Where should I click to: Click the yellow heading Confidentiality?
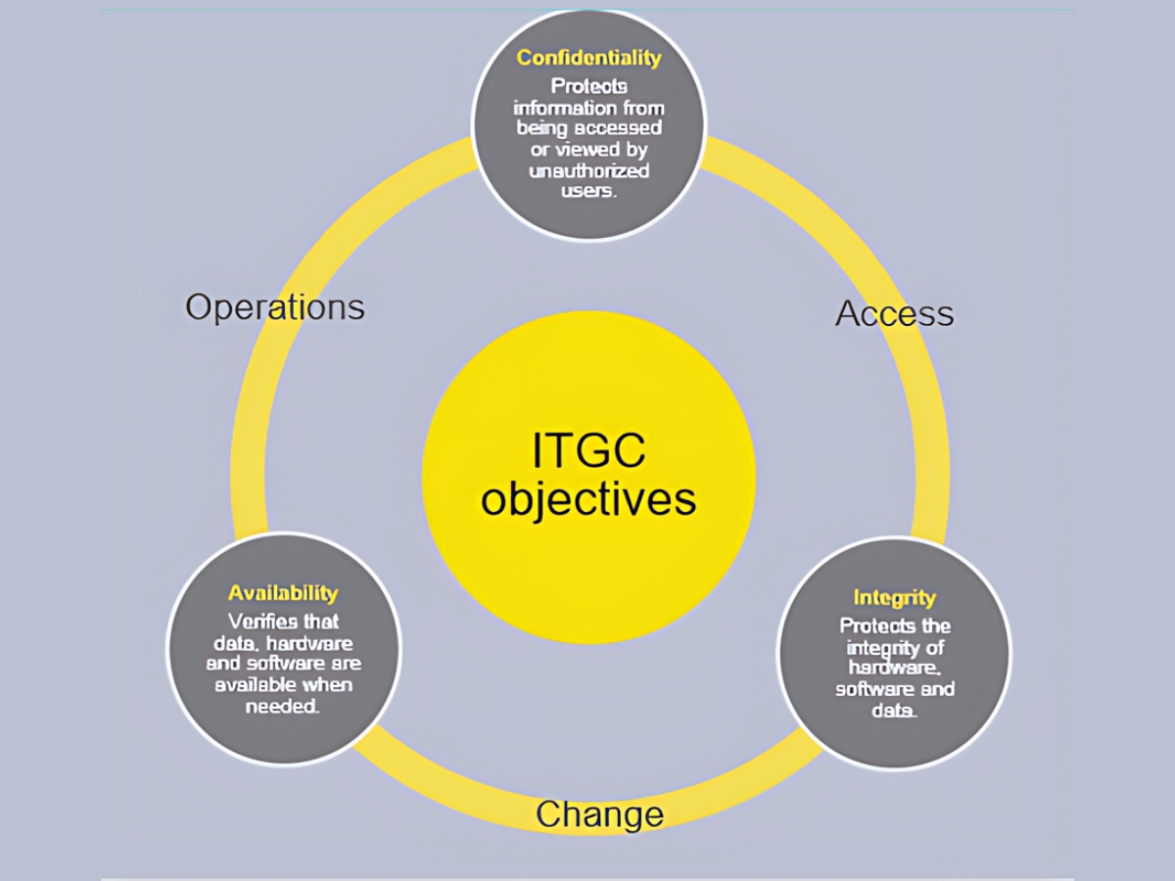588,58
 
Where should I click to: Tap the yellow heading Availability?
283,593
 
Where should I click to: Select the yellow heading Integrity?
895,598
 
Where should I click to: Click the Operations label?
274,307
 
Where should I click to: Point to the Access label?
895,313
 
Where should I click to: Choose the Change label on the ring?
599,814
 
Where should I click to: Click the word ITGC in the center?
588,450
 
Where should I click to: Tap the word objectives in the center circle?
588,500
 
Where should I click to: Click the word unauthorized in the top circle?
588,171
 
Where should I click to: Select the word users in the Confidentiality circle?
588,191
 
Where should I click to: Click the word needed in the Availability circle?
283,707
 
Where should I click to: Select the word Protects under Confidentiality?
588,87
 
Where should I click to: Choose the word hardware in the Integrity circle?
895,669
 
